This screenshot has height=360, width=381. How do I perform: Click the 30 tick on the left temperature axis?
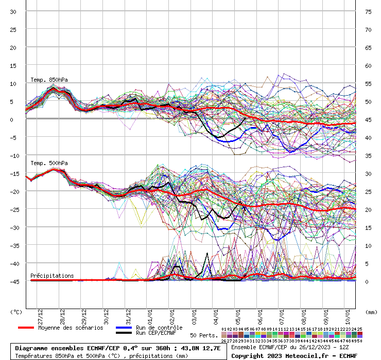pos(13,12)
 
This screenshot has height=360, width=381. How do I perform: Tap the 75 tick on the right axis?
pos(368,12)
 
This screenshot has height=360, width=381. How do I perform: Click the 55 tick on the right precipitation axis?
pos(368,83)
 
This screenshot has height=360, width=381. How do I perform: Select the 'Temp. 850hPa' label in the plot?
pos(49,80)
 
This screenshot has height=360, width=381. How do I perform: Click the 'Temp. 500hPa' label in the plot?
pos(49,163)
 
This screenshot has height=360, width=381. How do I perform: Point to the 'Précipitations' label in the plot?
pos(52,276)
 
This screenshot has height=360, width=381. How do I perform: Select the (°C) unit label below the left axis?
pos(16,312)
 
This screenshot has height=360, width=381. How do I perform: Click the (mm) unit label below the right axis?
pos(371,312)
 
